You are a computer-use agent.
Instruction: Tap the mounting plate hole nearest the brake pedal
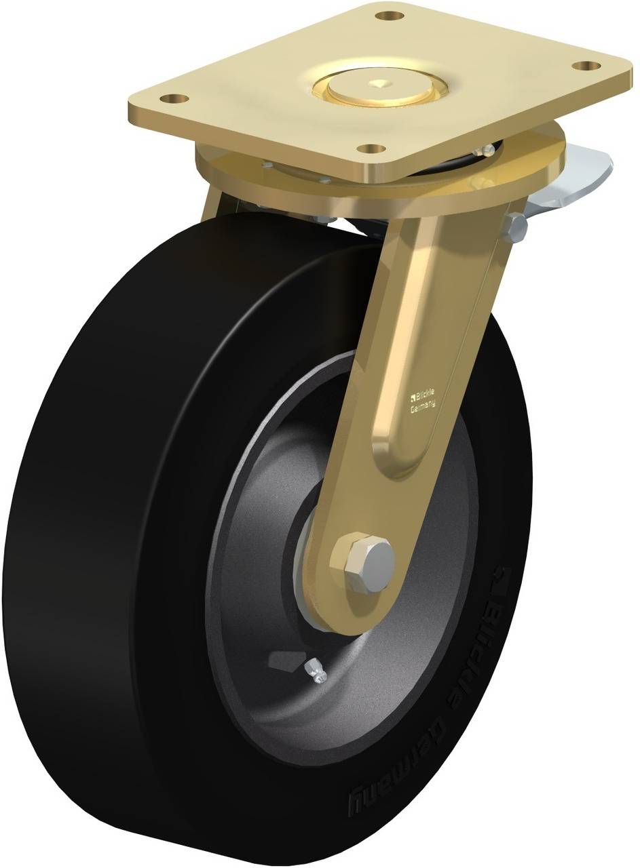585,66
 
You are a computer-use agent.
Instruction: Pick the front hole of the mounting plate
369,148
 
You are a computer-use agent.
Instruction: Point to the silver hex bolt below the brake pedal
516,227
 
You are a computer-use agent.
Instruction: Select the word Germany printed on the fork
423,406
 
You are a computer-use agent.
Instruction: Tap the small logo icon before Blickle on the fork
412,399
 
